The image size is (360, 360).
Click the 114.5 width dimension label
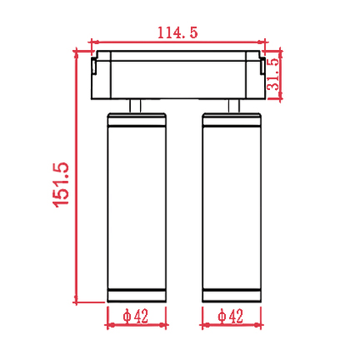click(x=177, y=32)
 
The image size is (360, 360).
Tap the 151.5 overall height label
click(x=61, y=185)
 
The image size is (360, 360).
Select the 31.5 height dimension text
click(x=274, y=74)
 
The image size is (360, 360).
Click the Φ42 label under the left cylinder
click(x=136, y=316)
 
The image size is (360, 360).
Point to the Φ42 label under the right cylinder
click(x=231, y=316)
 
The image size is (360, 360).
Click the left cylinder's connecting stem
click(x=135, y=106)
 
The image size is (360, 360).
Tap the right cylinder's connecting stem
click(x=234, y=106)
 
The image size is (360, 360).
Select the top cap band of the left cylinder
click(x=137, y=120)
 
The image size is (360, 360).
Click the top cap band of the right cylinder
click(x=232, y=120)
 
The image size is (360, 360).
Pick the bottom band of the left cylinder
click(x=137, y=295)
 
